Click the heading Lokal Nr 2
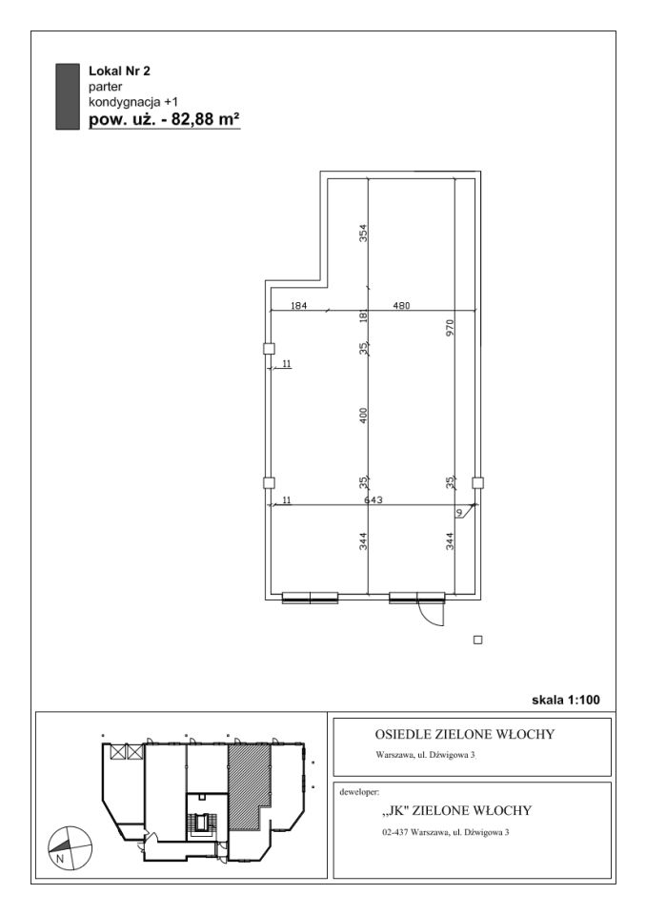click(x=119, y=71)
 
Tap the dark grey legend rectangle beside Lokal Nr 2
click(x=68, y=96)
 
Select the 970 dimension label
click(x=450, y=328)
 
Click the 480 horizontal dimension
click(x=401, y=305)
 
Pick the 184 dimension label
click(x=298, y=305)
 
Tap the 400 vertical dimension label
click(x=363, y=416)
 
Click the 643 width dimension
click(x=373, y=499)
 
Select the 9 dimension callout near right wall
click(x=459, y=513)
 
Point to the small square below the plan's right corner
click(x=478, y=640)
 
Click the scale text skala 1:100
click(x=565, y=700)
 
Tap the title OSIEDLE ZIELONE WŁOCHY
click(x=464, y=734)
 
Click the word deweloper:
click(x=359, y=792)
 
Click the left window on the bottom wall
click(x=310, y=597)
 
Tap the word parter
click(x=106, y=87)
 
